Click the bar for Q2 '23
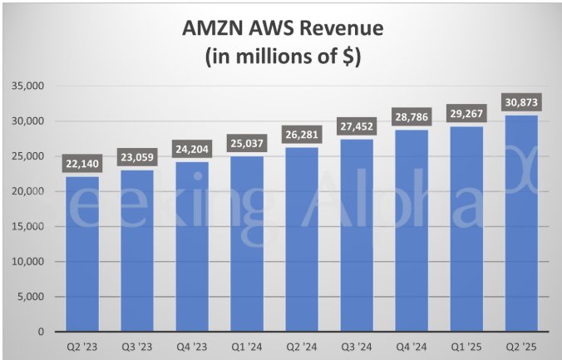(x=81, y=254)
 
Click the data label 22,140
(x=81, y=164)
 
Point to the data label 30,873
(x=520, y=102)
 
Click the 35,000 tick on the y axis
(x=30, y=86)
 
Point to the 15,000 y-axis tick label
(x=30, y=226)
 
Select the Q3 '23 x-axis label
(x=136, y=346)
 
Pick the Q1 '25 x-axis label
(x=465, y=346)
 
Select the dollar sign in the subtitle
(x=347, y=57)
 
